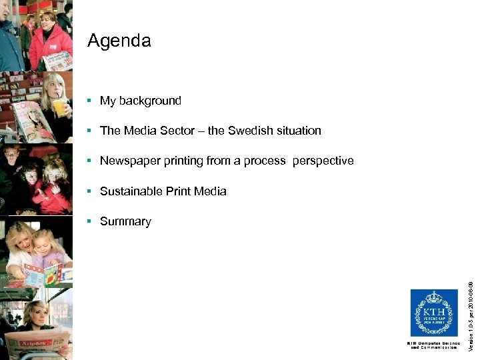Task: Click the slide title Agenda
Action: (x=119, y=41)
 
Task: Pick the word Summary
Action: (x=125, y=221)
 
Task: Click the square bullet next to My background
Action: (x=89, y=101)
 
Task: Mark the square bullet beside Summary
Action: (x=89, y=221)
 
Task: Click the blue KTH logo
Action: (x=433, y=313)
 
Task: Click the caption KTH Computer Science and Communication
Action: (x=433, y=345)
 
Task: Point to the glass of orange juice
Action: (x=59, y=106)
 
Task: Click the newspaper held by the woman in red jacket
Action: (x=57, y=61)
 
